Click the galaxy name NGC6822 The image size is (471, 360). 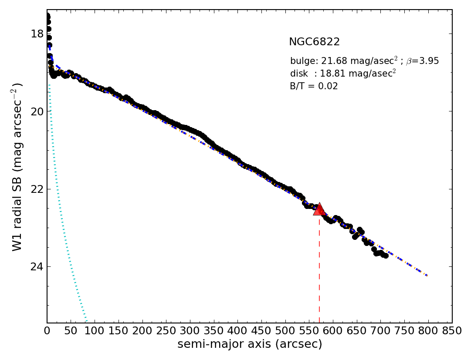point(314,42)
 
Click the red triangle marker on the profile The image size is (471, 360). point(319,209)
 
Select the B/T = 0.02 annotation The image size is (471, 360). point(314,86)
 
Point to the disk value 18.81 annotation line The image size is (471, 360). point(343,74)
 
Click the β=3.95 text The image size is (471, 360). point(422,61)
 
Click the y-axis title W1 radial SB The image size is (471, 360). point(17,167)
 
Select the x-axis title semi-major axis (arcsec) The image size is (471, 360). point(250,344)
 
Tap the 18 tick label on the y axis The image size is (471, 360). point(37,34)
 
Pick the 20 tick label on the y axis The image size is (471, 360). point(37,111)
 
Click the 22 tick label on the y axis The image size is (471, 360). point(37,189)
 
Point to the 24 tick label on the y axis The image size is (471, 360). point(37,266)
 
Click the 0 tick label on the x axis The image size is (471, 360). point(47,331)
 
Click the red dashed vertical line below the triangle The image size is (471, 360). point(319,270)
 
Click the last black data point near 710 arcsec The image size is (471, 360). point(386,256)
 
